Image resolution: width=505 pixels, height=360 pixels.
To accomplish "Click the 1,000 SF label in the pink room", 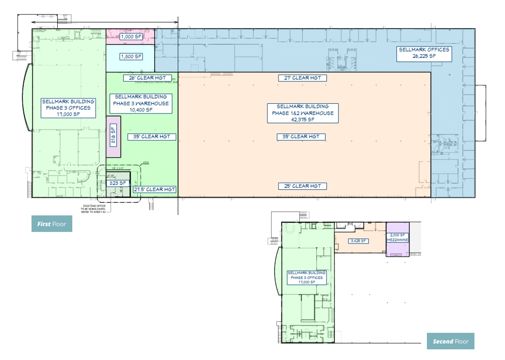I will pyautogui.click(x=131, y=36).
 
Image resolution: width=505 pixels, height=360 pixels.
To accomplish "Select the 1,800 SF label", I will pyautogui.click(x=131, y=56).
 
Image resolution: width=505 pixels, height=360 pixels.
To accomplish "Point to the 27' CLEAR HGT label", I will pyautogui.click(x=302, y=78).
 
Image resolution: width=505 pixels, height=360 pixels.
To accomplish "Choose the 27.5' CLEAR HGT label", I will pyautogui.click(x=155, y=189).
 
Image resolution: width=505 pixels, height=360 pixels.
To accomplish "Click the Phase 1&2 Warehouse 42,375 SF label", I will pyautogui.click(x=302, y=113).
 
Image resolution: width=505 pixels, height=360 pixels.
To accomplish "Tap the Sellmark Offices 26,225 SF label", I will pyautogui.click(x=424, y=53).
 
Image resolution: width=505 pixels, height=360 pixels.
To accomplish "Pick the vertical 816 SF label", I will pyautogui.click(x=114, y=136).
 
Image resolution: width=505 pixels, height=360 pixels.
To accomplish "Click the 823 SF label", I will pyautogui.click(x=118, y=183).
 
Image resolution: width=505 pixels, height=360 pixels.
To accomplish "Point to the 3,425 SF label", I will pyautogui.click(x=358, y=241).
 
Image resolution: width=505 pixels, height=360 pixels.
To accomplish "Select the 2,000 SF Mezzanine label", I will pyautogui.click(x=397, y=237).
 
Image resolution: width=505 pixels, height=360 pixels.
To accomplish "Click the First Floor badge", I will pyautogui.click(x=52, y=224).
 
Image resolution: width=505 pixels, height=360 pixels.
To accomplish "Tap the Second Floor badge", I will pyautogui.click(x=450, y=341).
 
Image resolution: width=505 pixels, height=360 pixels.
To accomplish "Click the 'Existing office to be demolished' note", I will pyautogui.click(x=98, y=209).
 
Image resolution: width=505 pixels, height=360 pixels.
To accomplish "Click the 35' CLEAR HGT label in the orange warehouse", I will pyautogui.click(x=301, y=137).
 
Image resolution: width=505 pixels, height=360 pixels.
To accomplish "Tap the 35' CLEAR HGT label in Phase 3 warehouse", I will pyautogui.click(x=152, y=137).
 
